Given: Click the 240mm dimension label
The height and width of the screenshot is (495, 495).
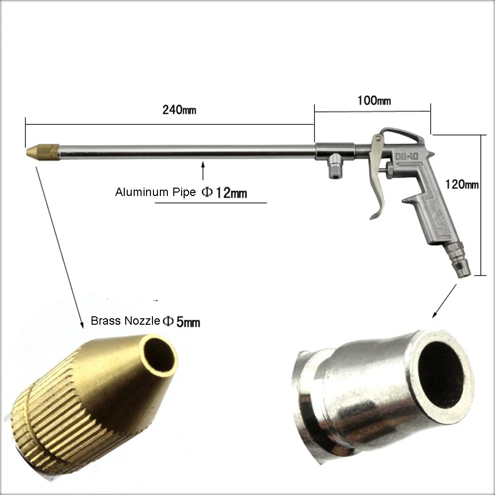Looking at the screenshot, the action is point(179,109).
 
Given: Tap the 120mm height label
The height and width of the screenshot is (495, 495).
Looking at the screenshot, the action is point(462,185).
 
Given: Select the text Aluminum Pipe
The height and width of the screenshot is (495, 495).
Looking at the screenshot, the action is point(155,192).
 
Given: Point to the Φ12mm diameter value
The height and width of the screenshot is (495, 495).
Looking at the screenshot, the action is point(224,193).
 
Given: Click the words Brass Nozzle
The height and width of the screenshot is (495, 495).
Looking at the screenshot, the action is point(125,321).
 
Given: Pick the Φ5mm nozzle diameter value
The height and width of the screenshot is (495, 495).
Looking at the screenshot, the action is point(182,322).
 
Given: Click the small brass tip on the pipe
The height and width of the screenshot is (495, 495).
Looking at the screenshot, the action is point(42,148).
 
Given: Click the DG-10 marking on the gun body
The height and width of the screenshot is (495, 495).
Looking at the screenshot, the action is point(407,157).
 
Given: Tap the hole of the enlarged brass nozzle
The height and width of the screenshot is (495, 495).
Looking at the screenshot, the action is point(160,354).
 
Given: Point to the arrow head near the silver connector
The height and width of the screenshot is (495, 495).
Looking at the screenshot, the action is point(436,314).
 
